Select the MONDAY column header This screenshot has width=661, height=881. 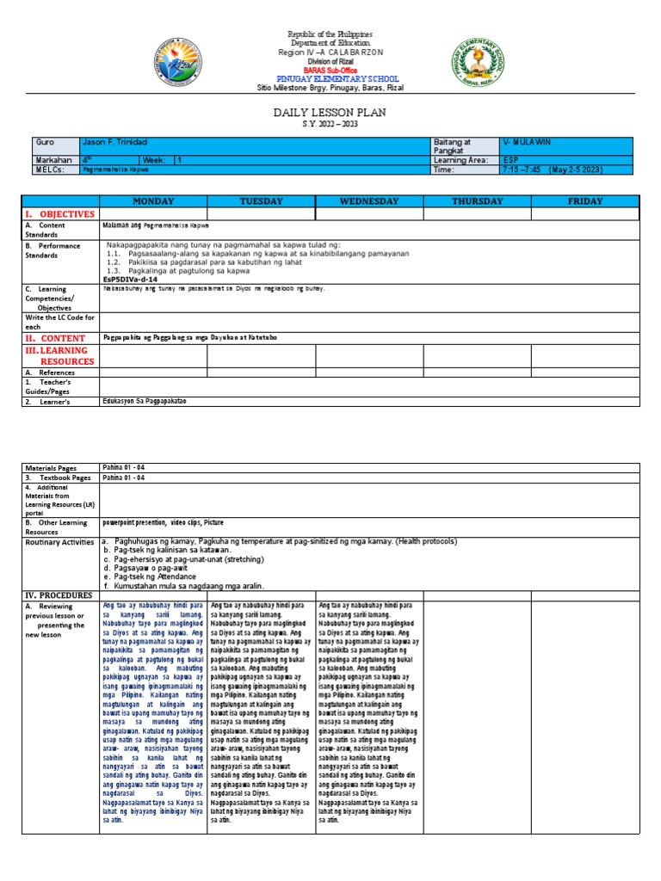click(153, 201)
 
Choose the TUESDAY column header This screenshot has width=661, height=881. click(261, 201)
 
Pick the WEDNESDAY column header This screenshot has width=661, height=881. click(369, 201)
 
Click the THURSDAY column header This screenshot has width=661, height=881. click(477, 201)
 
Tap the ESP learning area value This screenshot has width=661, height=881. click(512, 160)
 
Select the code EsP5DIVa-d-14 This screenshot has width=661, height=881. click(130, 279)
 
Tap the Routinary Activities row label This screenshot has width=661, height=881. click(59, 542)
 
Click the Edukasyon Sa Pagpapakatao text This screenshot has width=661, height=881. click(144, 401)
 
